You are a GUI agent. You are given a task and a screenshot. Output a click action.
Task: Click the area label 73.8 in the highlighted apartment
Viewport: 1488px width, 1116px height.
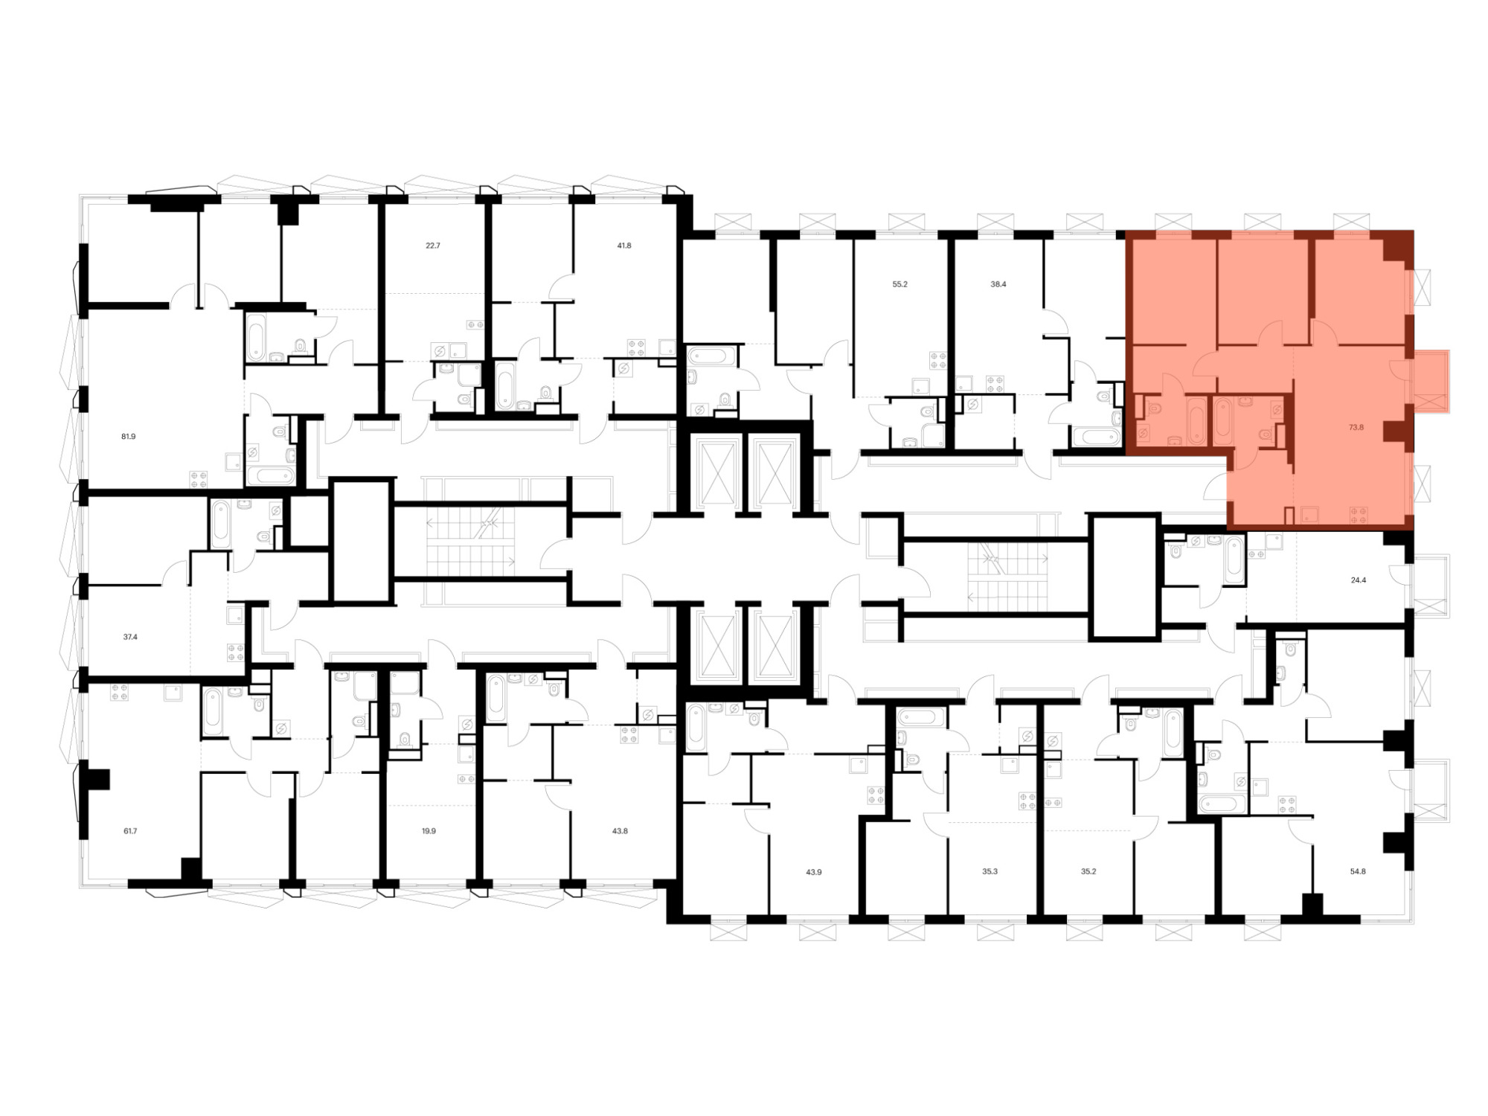pyautogui.click(x=1356, y=428)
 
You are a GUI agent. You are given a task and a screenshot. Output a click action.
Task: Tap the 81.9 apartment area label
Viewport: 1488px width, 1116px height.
pyautogui.click(x=129, y=437)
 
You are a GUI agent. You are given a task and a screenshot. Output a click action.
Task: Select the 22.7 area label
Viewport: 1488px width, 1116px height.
pyautogui.click(x=433, y=245)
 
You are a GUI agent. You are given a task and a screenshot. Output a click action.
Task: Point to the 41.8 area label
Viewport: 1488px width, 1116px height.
pyautogui.click(x=623, y=245)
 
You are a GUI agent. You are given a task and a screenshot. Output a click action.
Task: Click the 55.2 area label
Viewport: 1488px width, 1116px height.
pyautogui.click(x=899, y=284)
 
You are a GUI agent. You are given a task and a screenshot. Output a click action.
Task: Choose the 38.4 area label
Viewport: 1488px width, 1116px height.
pyautogui.click(x=998, y=284)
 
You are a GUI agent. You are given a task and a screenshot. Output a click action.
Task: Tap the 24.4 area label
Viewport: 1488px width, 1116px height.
pyautogui.click(x=1358, y=580)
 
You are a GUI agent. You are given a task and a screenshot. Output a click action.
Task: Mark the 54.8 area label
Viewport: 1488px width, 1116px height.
pyautogui.click(x=1358, y=871)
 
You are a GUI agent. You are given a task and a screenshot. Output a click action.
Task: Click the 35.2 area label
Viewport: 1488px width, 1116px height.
pyautogui.click(x=1088, y=871)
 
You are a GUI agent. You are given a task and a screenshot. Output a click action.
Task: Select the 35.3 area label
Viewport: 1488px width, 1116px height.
pyautogui.click(x=989, y=871)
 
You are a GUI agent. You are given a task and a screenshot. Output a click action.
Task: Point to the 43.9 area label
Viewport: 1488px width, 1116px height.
pyautogui.click(x=813, y=871)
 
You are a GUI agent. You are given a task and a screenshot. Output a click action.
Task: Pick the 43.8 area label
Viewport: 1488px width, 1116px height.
pyautogui.click(x=620, y=831)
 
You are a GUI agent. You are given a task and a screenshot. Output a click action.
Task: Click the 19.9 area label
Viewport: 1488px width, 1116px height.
pyautogui.click(x=429, y=831)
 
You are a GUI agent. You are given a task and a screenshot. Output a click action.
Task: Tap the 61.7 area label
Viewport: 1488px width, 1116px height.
pyautogui.click(x=129, y=831)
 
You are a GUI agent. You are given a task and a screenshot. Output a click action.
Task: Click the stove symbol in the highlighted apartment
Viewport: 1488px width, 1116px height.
pyautogui.click(x=1359, y=514)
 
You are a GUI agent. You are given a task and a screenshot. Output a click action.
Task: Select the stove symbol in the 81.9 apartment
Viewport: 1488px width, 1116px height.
pyautogui.click(x=199, y=479)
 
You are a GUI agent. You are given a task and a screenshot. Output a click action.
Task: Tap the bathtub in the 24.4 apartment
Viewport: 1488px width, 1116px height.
pyautogui.click(x=1234, y=560)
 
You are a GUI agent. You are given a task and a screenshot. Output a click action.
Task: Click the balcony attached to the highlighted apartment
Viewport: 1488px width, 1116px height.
pyautogui.click(x=1430, y=381)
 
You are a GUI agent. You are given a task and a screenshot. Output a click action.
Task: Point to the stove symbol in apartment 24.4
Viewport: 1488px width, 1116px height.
pyautogui.click(x=1257, y=554)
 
